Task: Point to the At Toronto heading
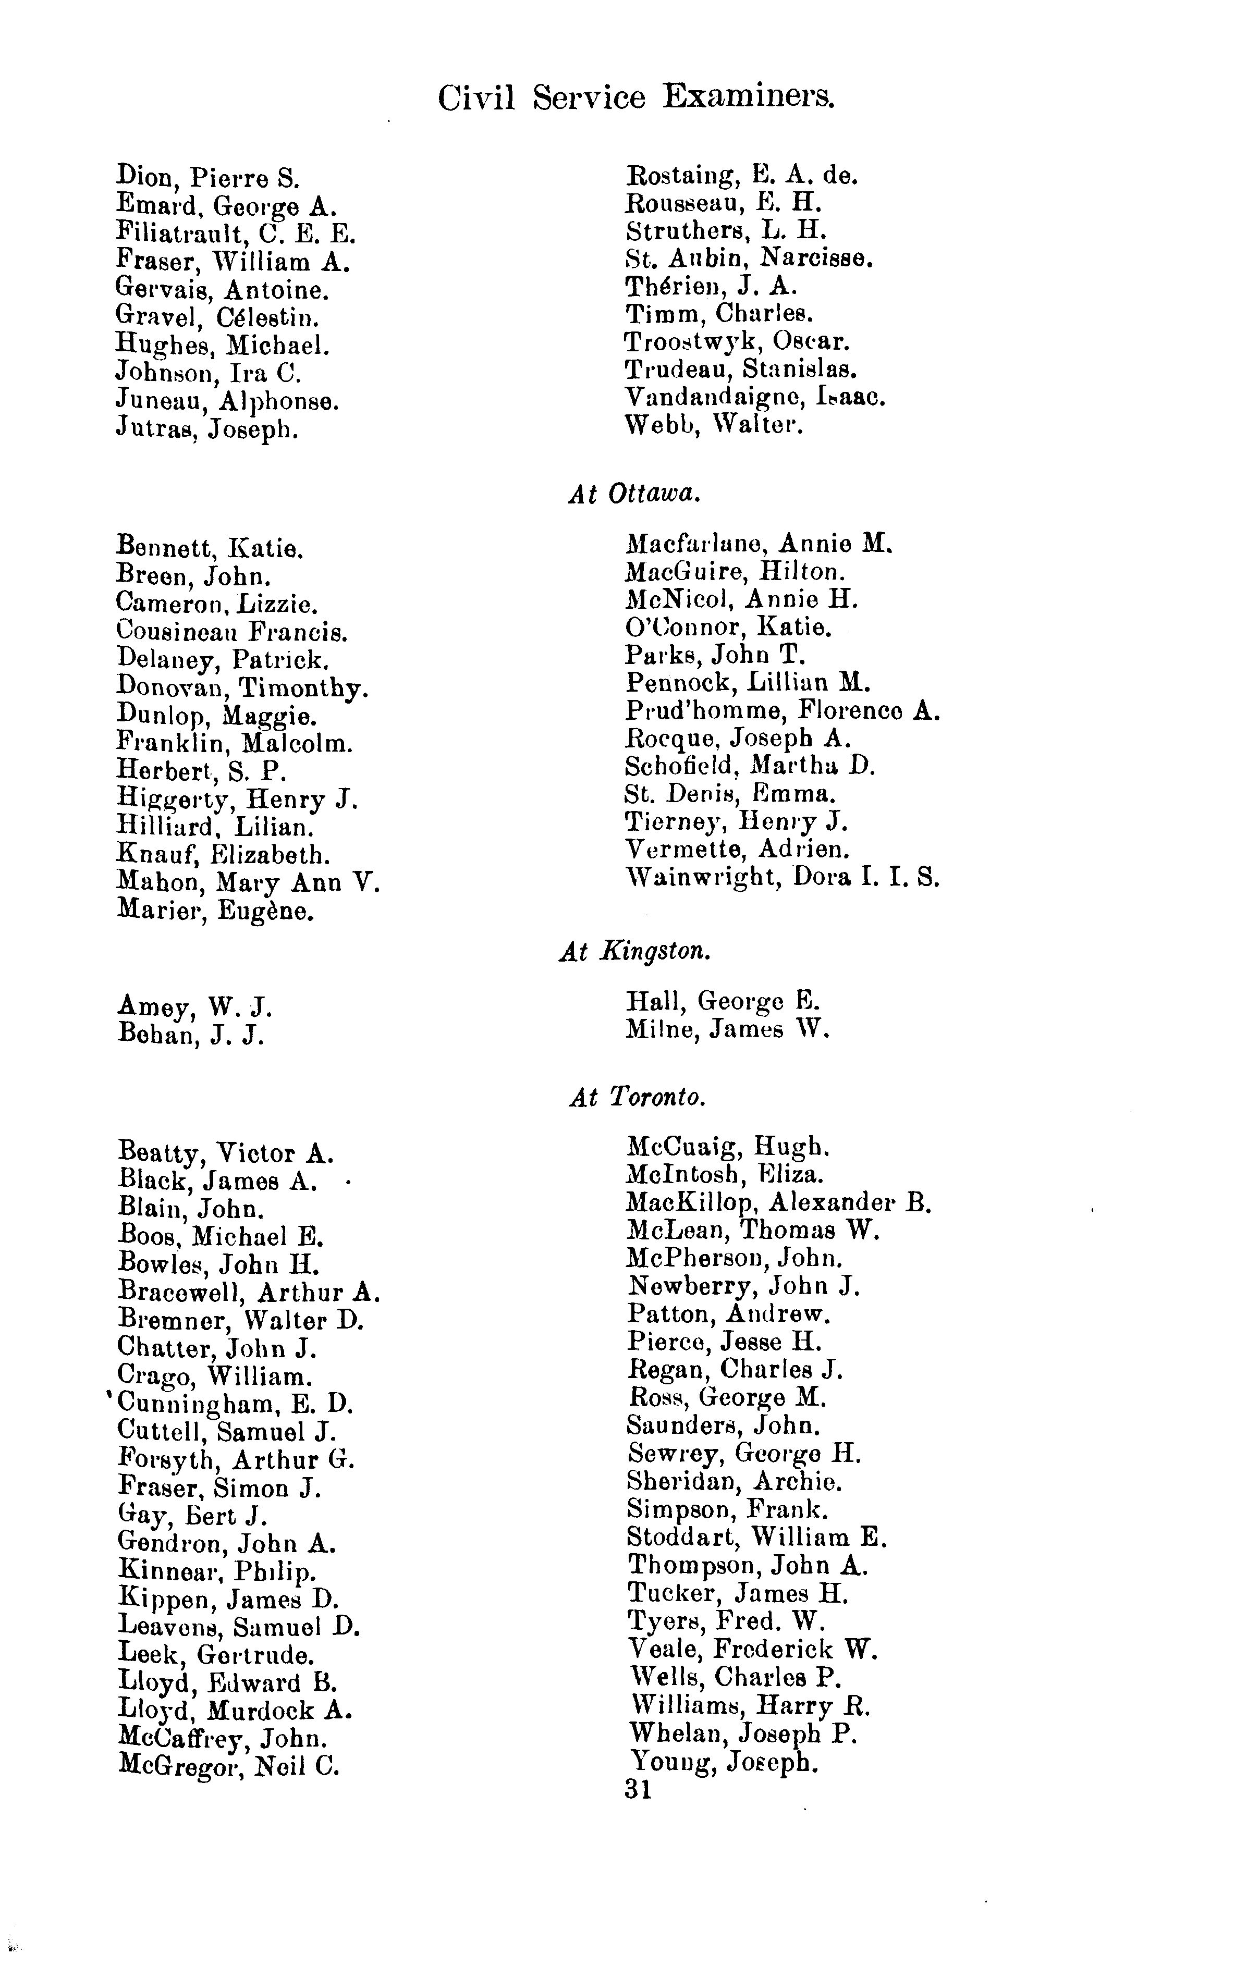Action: coord(637,1097)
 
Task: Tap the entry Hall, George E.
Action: coord(723,1001)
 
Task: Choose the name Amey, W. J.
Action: coord(194,1007)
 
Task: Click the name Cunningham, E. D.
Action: coord(235,1404)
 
